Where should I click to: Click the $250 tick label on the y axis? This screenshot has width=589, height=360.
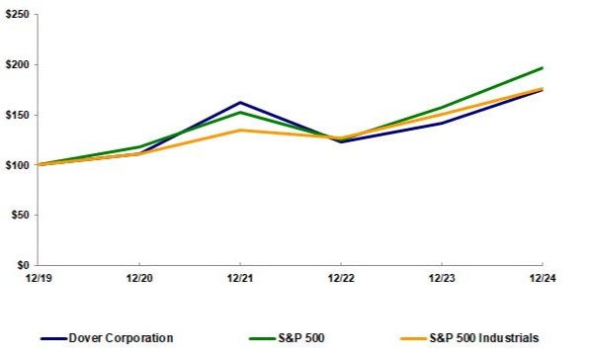pos(17,15)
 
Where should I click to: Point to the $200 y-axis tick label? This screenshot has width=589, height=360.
pos(17,65)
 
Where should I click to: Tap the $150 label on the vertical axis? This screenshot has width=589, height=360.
pos(17,115)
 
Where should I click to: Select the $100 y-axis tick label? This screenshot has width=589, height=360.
pos(17,165)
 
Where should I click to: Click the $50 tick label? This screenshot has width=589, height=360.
pos(20,215)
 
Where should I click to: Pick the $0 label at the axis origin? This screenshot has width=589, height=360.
pos(23,265)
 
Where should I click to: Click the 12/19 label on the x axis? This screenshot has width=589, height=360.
pos(38,279)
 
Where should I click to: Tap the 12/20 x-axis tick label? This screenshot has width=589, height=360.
pos(138,279)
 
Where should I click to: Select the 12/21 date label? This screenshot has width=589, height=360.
pos(239,279)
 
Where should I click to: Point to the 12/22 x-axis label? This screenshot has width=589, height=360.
pos(340,279)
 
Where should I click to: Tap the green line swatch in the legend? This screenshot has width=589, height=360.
pos(253,339)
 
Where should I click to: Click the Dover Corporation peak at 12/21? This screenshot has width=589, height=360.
pos(239,102)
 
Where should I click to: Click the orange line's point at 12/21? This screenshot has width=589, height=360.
pos(239,130)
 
